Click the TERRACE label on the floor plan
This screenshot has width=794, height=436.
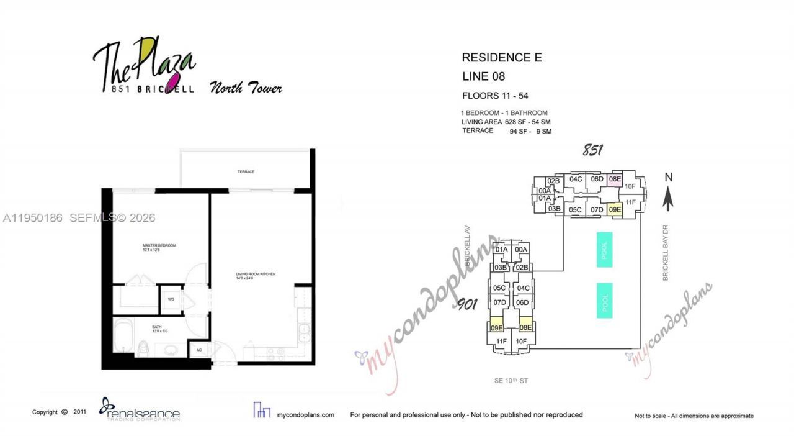pyautogui.click(x=246, y=172)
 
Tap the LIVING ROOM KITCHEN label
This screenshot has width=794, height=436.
pyautogui.click(x=255, y=276)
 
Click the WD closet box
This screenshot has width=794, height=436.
pyautogui.click(x=171, y=299)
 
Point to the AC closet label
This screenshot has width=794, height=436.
pyautogui.click(x=199, y=350)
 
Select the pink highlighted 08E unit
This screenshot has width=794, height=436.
pyautogui.click(x=615, y=179)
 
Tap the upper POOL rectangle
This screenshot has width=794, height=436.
pyautogui.click(x=604, y=250)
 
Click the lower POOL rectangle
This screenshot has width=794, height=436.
pyautogui.click(x=604, y=301)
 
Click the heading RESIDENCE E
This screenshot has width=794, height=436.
pyautogui.click(x=502, y=58)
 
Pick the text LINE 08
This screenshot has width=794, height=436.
pyautogui.click(x=483, y=77)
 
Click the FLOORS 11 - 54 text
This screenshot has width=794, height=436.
pyautogui.click(x=495, y=96)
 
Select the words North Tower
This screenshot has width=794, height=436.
pyautogui.click(x=246, y=88)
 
